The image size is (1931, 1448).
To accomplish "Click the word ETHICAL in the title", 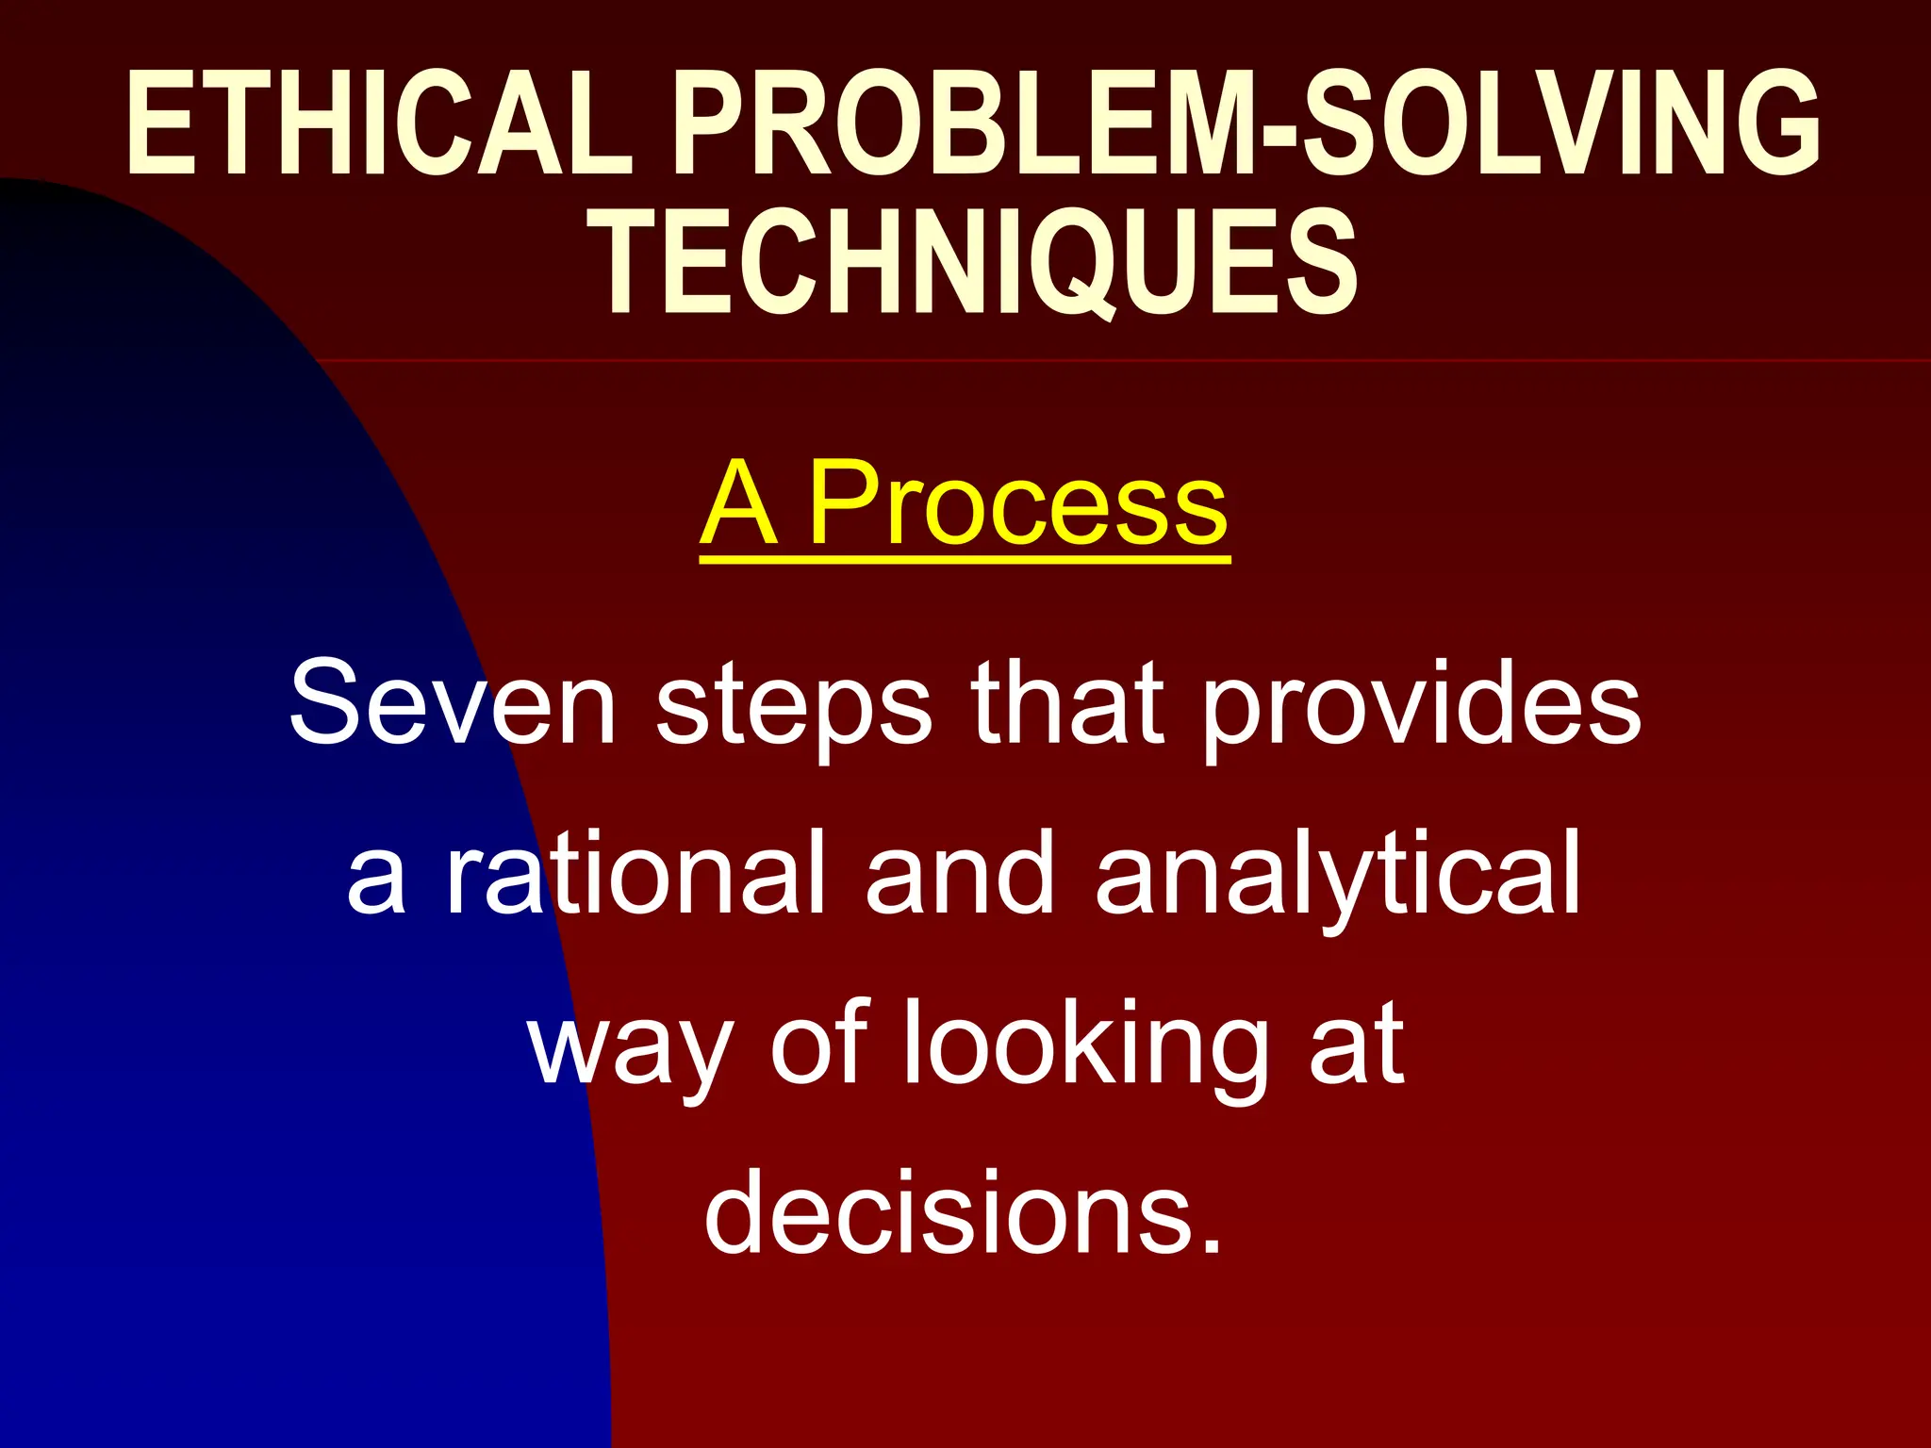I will coord(377,123).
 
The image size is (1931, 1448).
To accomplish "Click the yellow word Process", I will coord(1018,504).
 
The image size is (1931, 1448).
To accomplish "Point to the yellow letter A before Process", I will coord(740,504).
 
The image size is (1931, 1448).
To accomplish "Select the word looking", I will coord(1084,1046).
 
